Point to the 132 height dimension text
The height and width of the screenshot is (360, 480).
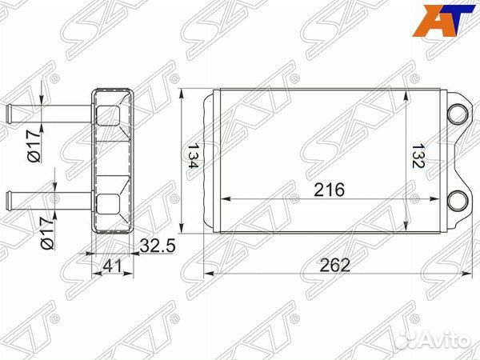(x=418, y=154)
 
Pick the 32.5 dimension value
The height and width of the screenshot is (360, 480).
(x=157, y=246)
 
